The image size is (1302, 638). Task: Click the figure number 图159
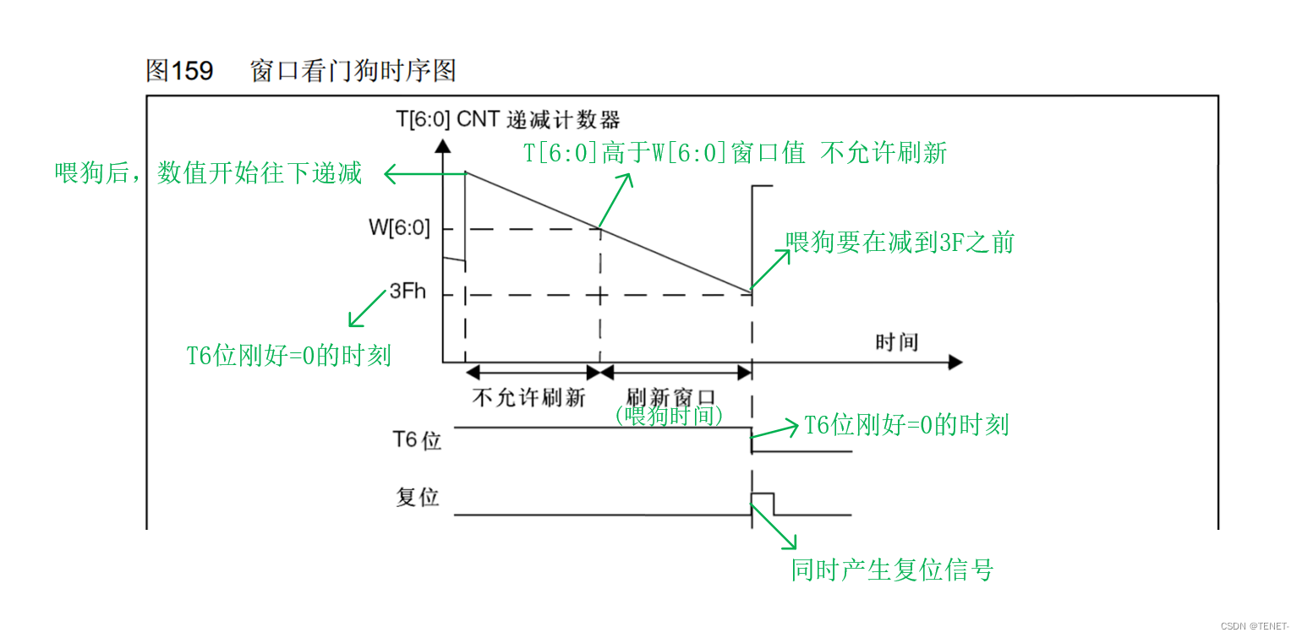[179, 70]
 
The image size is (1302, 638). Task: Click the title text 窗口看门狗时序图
[353, 70]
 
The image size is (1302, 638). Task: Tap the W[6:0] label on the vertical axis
[398, 227]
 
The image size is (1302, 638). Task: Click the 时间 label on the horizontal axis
[897, 342]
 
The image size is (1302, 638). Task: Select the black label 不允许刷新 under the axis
[528, 397]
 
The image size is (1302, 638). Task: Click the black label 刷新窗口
[672, 397]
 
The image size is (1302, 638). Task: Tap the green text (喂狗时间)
[669, 416]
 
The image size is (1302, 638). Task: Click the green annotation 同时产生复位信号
[892, 570]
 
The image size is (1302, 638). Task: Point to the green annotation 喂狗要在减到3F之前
[900, 243]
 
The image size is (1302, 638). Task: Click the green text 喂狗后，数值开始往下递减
[208, 173]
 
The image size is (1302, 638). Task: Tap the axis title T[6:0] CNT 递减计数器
[508, 118]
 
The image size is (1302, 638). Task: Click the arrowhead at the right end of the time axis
[955, 363]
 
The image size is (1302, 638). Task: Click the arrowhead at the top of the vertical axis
[442, 145]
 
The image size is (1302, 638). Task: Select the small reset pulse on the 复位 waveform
[762, 502]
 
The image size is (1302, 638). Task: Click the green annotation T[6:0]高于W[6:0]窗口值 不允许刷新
[735, 153]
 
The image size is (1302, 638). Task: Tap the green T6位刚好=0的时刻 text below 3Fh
[288, 355]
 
